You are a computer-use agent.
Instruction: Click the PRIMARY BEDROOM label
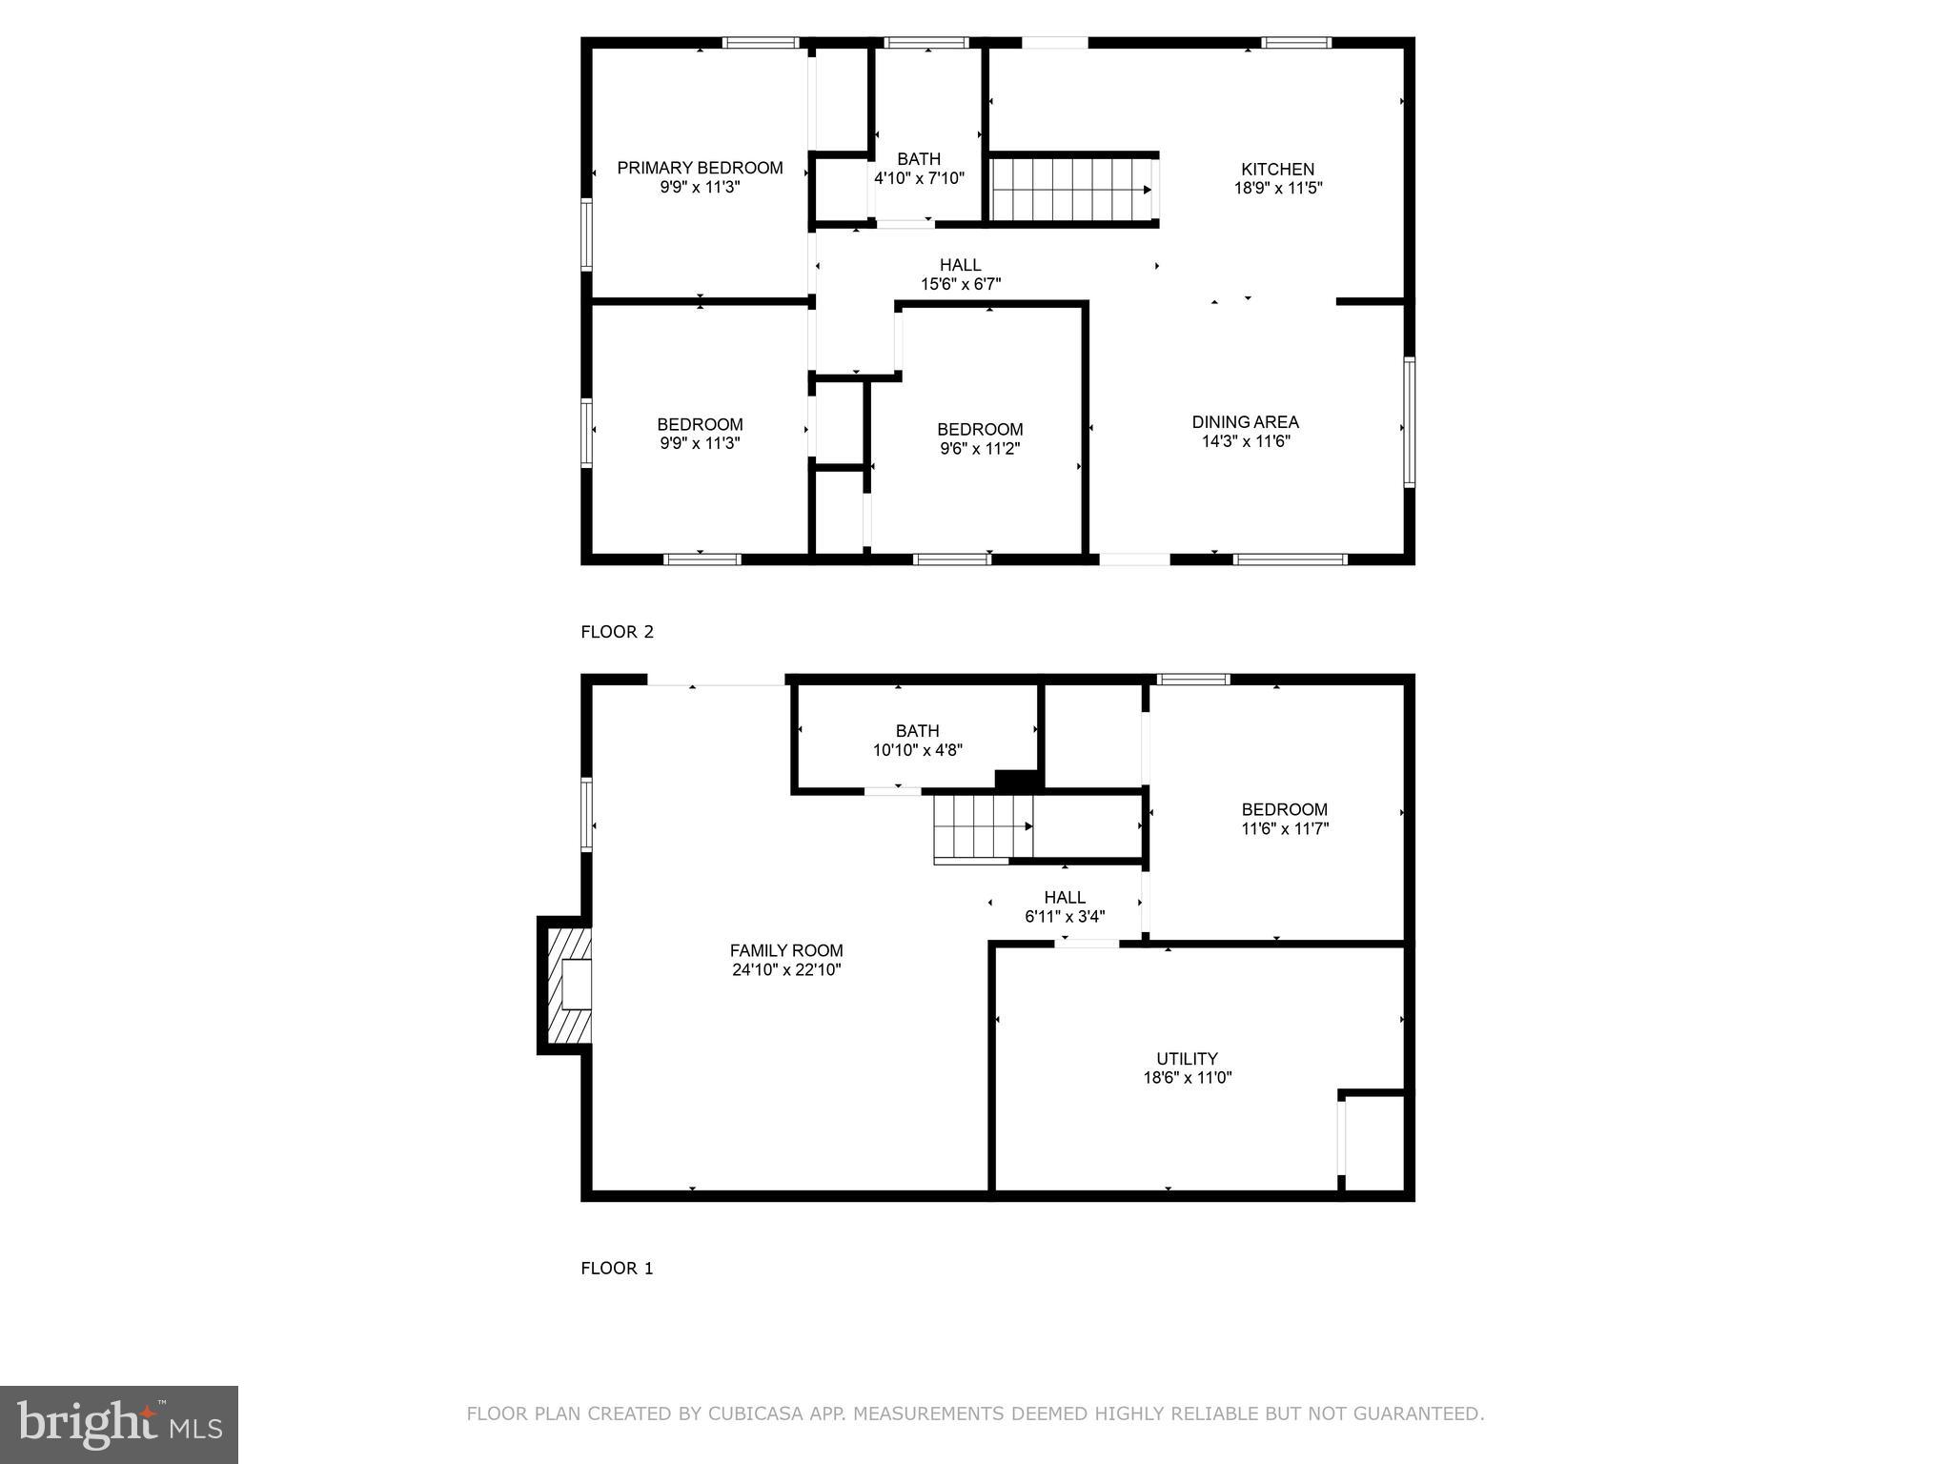700,168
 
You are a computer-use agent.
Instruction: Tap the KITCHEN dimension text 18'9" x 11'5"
1277,189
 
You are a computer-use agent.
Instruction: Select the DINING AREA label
1245,421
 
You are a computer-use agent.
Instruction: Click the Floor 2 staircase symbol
1071,190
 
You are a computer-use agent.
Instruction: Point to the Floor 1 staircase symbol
983,827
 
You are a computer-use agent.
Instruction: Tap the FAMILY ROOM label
786,950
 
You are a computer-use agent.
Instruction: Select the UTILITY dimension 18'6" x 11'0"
1187,1078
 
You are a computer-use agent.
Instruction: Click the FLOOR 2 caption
617,632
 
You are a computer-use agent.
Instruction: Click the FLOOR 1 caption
617,1268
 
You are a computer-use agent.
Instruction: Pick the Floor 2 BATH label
919,159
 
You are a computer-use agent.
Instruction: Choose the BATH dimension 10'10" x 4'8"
917,750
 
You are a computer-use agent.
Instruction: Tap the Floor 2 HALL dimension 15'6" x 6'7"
960,284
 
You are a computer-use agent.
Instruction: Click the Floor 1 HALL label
1064,897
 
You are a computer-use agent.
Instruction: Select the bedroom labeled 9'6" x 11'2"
980,438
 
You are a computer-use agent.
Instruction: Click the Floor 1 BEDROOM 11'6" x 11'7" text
1284,819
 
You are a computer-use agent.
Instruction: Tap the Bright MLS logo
119,1424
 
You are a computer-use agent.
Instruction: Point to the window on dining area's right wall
1409,421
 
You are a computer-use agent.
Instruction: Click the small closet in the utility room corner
1373,1142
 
